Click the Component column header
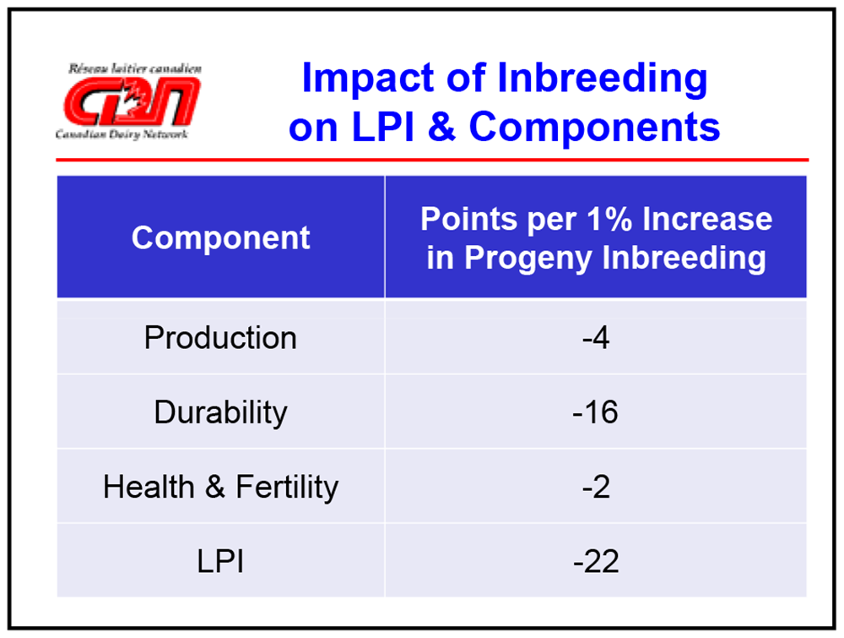[x=221, y=237]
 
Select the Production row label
[x=220, y=338]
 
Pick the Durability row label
[x=220, y=412]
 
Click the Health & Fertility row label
[x=220, y=487]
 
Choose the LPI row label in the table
[x=220, y=561]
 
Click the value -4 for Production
[x=596, y=338]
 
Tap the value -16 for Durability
[x=596, y=412]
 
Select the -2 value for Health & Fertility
[x=596, y=487]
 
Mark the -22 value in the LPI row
[x=596, y=561]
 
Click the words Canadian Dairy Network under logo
[x=122, y=134]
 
